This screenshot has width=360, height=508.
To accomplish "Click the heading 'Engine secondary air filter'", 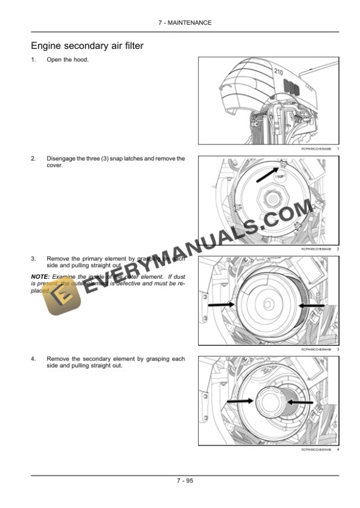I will (86, 45).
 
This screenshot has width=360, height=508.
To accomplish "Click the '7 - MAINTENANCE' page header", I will (185, 22).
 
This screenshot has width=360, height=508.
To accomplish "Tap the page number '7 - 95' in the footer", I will (185, 480).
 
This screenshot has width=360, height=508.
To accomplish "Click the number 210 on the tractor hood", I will (278, 71).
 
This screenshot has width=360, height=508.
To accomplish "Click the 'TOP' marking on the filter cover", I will (281, 176).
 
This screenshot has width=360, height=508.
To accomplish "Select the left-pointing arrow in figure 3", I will (311, 305).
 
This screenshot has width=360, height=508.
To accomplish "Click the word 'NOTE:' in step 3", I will (39, 276).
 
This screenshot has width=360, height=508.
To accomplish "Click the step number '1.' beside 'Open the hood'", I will (34, 60).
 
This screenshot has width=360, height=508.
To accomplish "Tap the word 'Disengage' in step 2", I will (60, 159).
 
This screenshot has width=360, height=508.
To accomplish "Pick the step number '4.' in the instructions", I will (34, 359).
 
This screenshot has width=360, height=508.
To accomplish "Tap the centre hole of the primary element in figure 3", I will (269, 303).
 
